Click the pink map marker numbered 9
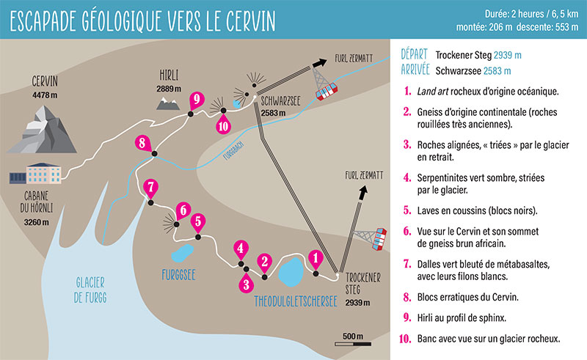pos(194,100)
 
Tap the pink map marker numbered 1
pos(316,258)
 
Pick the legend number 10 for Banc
pos(406,339)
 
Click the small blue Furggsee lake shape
pos(181,256)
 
